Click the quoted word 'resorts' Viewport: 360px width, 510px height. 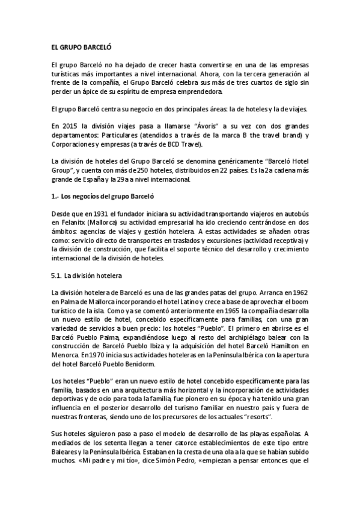pos(259,416)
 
